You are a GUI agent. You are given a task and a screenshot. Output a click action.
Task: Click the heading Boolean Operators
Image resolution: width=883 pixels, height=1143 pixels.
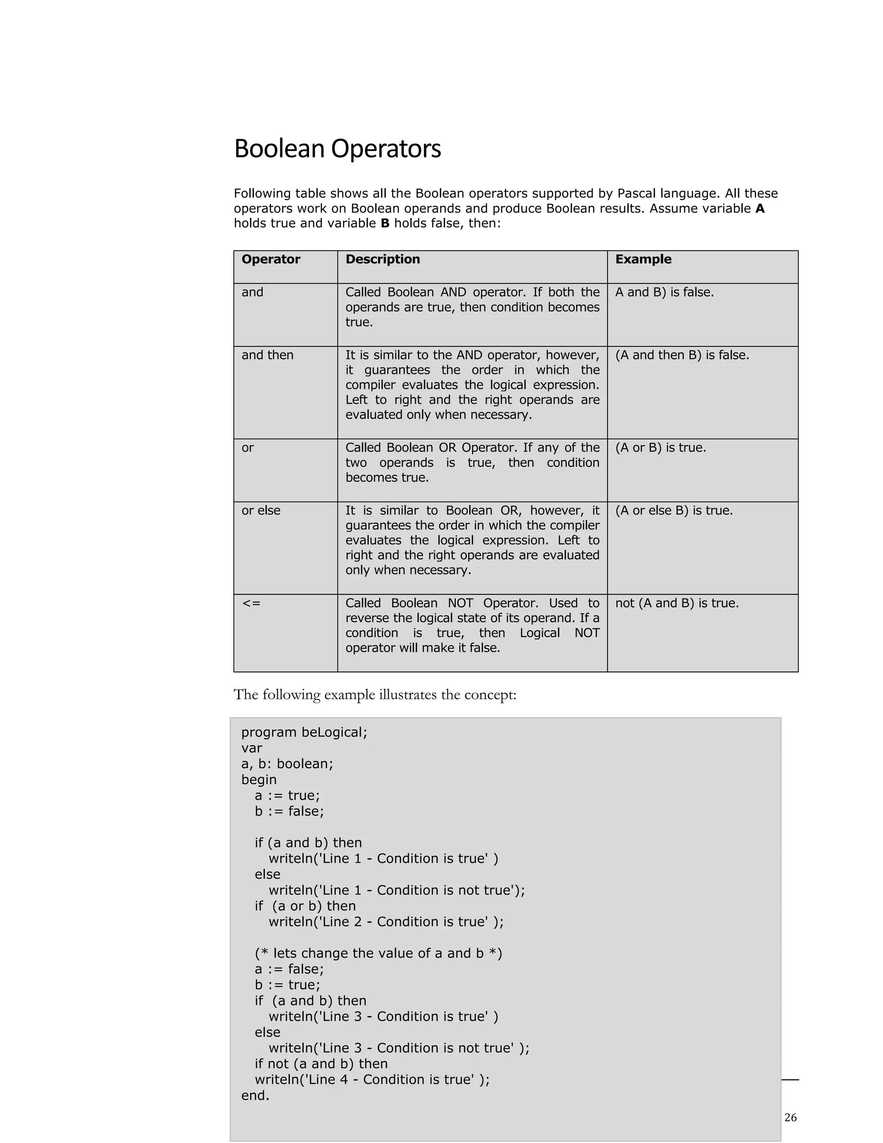[338, 149]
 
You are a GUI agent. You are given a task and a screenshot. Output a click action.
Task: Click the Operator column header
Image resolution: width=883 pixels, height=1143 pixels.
[270, 259]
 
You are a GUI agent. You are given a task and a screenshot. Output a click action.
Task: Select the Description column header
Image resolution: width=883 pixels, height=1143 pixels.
[382, 259]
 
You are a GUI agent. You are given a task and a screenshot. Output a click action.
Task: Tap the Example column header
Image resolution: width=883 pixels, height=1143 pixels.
[643, 259]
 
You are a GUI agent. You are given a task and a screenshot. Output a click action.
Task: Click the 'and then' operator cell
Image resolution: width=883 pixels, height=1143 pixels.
[267, 355]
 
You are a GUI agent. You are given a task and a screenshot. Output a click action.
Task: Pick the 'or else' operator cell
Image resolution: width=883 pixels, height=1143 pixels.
[260, 510]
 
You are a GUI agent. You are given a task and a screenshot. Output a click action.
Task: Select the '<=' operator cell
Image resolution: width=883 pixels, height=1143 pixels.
[251, 603]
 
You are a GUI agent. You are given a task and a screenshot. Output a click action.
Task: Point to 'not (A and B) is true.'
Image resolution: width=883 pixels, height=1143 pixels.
[676, 603]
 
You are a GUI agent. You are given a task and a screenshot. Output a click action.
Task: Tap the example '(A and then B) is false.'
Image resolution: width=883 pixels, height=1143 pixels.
[682, 355]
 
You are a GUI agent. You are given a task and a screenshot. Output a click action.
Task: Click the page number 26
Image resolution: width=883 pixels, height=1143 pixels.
[790, 1118]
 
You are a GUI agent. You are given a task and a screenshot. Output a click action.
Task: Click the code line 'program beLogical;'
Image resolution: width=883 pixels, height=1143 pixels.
[304, 732]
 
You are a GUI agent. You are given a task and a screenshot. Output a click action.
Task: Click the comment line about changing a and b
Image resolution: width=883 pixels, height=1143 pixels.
[378, 953]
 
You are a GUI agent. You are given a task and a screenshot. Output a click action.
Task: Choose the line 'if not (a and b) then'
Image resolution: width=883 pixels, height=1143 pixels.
[321, 1064]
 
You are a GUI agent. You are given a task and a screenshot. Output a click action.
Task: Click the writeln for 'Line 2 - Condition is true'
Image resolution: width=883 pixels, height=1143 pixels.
[386, 922]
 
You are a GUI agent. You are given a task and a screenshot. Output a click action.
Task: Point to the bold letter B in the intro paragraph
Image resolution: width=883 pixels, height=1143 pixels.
[385, 223]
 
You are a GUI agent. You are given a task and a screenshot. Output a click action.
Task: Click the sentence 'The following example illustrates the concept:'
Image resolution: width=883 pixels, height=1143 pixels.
[375, 694]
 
